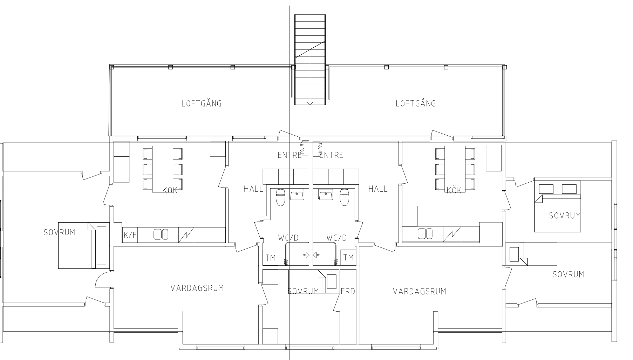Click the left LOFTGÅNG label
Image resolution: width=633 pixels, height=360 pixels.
click(202, 103)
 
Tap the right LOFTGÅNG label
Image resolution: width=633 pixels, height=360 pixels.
click(416, 103)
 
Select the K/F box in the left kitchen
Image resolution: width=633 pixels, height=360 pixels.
click(130, 235)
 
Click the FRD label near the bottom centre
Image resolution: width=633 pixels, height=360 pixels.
click(348, 291)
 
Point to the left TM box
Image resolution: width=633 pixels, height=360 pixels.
click(270, 258)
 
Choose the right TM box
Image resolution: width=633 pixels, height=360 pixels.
click(348, 258)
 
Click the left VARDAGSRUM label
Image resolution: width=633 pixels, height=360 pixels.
click(197, 288)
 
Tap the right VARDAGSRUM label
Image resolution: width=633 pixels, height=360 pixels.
click(420, 291)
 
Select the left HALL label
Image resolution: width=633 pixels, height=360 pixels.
click(253, 189)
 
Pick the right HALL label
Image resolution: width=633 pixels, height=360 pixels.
click(378, 189)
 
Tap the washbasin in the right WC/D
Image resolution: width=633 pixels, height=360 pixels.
click(326, 195)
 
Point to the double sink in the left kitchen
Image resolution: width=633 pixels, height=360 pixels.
click(161, 234)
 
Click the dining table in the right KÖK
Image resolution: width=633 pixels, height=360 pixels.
click(455, 169)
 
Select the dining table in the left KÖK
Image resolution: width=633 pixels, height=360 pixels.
click(162, 169)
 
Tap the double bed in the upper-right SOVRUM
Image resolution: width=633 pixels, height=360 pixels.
click(557, 206)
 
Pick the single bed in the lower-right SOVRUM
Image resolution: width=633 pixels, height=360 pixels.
click(532, 254)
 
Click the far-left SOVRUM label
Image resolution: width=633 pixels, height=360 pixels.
click(59, 232)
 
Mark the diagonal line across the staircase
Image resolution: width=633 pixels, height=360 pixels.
click(310, 49)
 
